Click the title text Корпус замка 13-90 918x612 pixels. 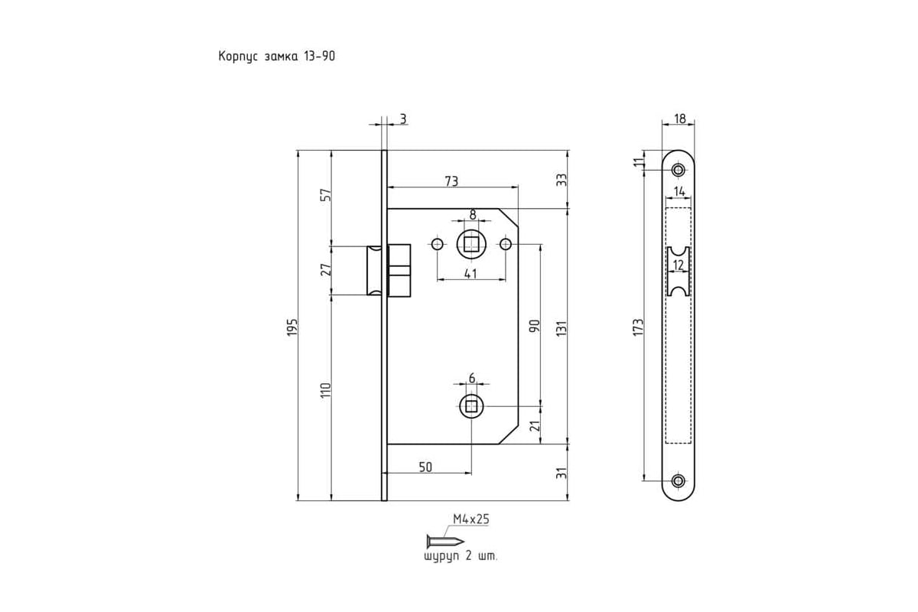click(x=277, y=56)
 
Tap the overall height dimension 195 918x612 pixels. click(x=291, y=327)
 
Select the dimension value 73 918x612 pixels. click(x=451, y=181)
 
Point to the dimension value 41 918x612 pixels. click(x=471, y=273)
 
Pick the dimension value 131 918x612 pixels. click(x=562, y=329)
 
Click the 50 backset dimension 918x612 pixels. click(x=426, y=467)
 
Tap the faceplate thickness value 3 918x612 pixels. click(x=403, y=119)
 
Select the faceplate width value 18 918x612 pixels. click(x=680, y=119)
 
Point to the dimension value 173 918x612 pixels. click(x=638, y=327)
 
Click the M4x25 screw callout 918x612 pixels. click(x=471, y=519)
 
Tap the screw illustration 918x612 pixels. click(x=445, y=541)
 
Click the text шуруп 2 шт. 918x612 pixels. click(x=461, y=557)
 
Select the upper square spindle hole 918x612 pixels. click(x=471, y=244)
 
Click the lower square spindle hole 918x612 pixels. click(x=471, y=406)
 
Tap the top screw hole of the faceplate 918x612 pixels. click(x=679, y=170)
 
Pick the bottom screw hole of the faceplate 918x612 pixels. click(x=679, y=480)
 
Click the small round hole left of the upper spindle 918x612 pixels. click(x=438, y=244)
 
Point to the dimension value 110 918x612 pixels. click(x=325, y=391)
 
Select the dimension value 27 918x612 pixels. click(x=326, y=270)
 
